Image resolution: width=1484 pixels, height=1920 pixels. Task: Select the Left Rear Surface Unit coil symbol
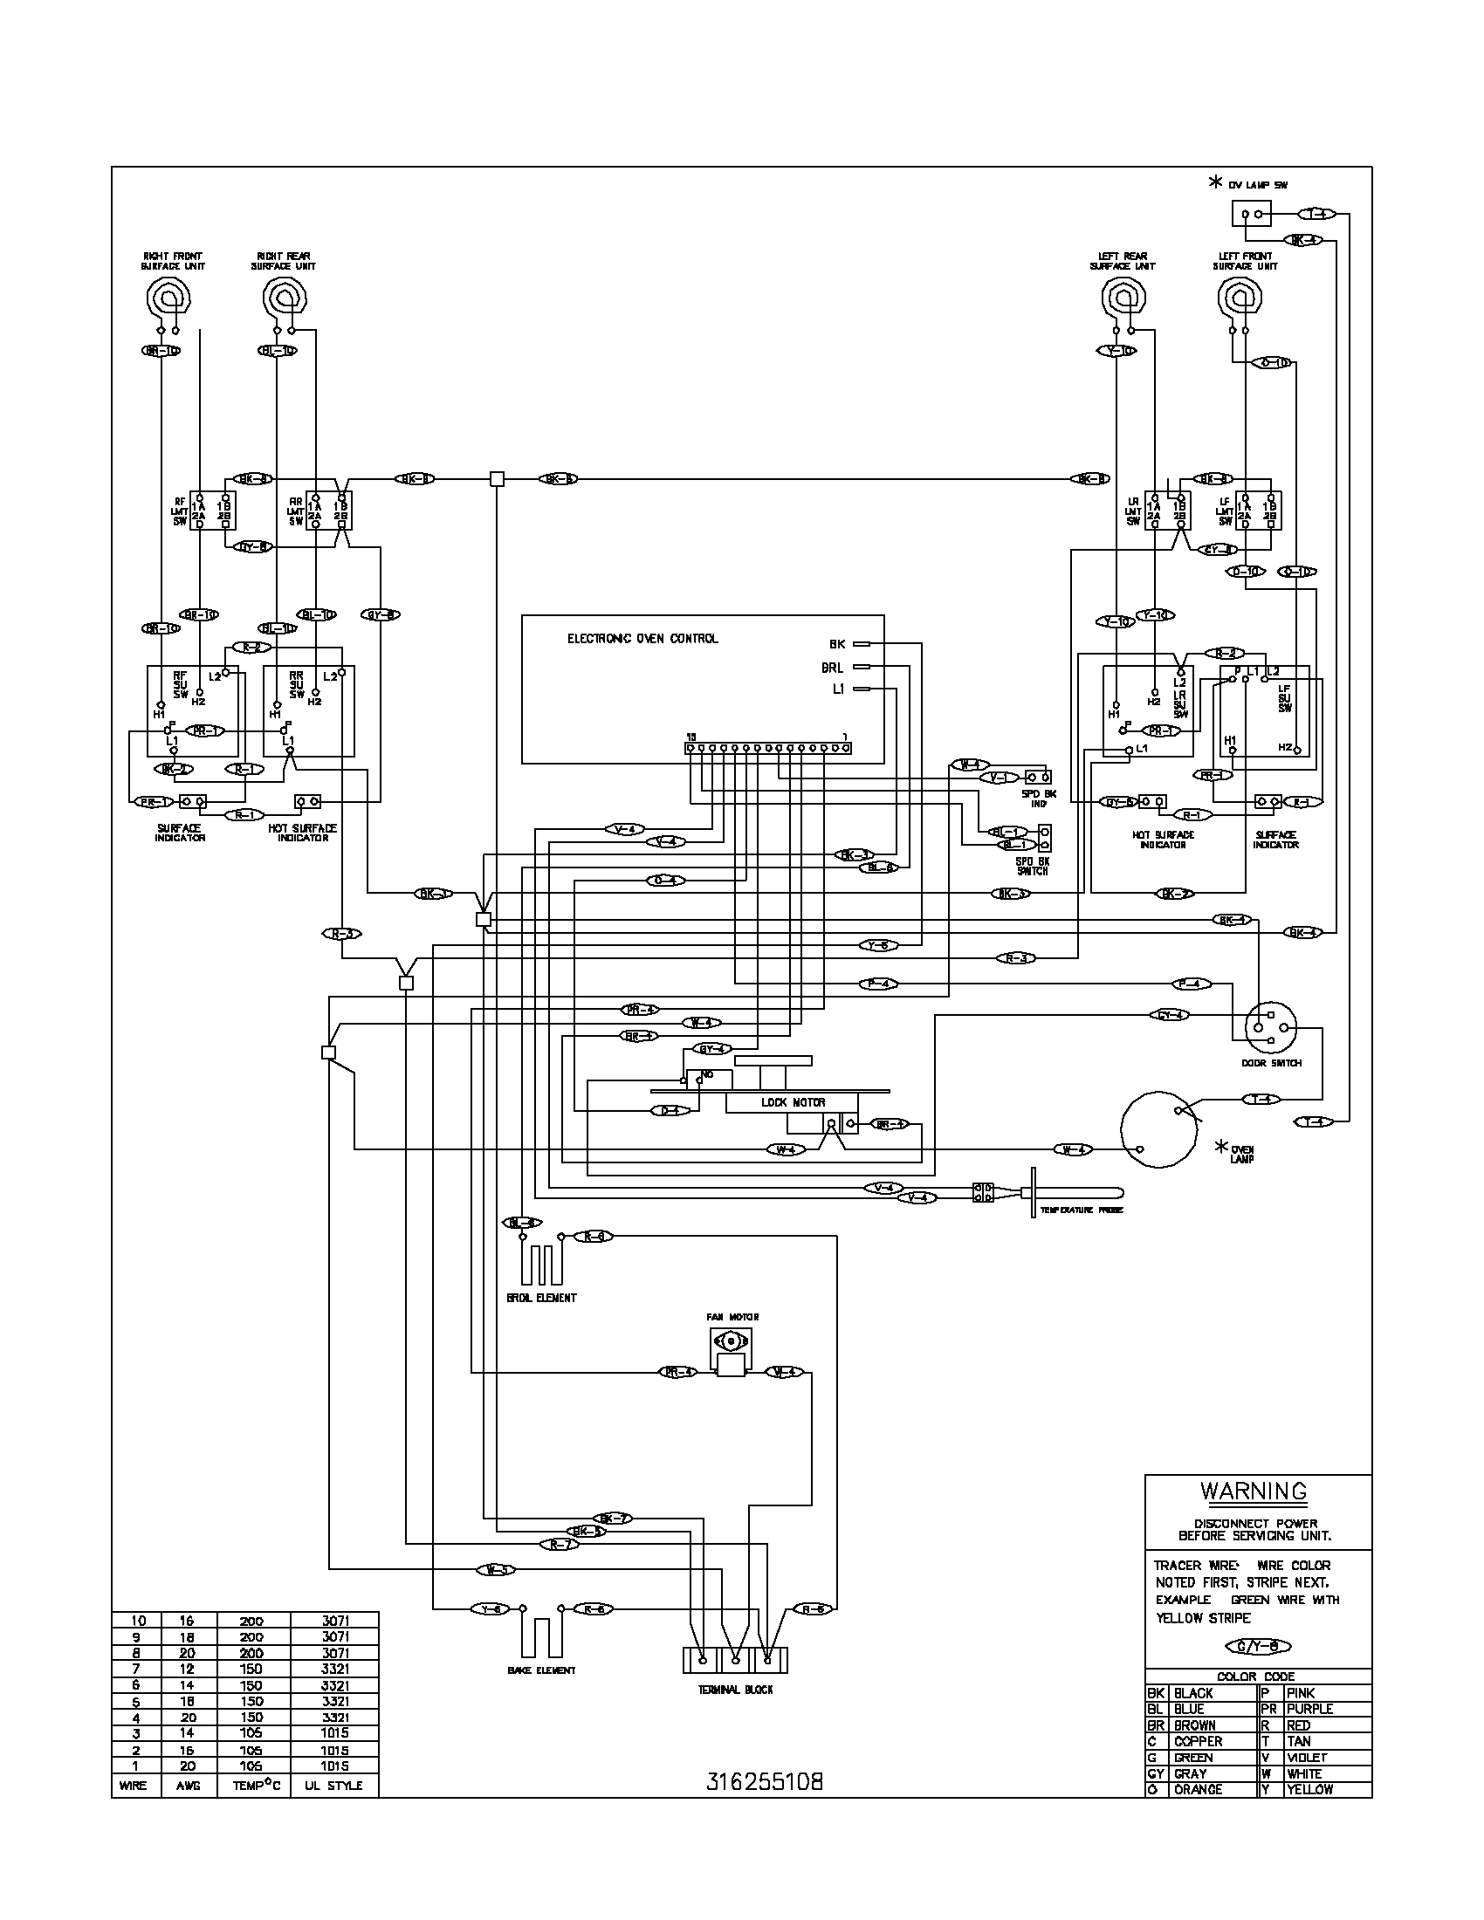click(x=1123, y=298)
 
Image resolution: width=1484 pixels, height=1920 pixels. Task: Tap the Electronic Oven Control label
click(x=642, y=638)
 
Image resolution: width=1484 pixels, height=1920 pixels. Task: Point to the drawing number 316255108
click(x=765, y=1783)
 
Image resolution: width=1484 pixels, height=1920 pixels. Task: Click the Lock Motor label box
click(x=793, y=1102)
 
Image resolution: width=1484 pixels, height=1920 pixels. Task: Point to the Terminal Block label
click(x=735, y=1690)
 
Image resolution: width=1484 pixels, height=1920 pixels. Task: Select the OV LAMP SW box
click(x=1251, y=214)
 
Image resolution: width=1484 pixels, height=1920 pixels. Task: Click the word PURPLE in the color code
click(x=1309, y=1709)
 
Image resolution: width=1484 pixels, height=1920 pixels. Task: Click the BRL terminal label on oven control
click(x=832, y=668)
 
